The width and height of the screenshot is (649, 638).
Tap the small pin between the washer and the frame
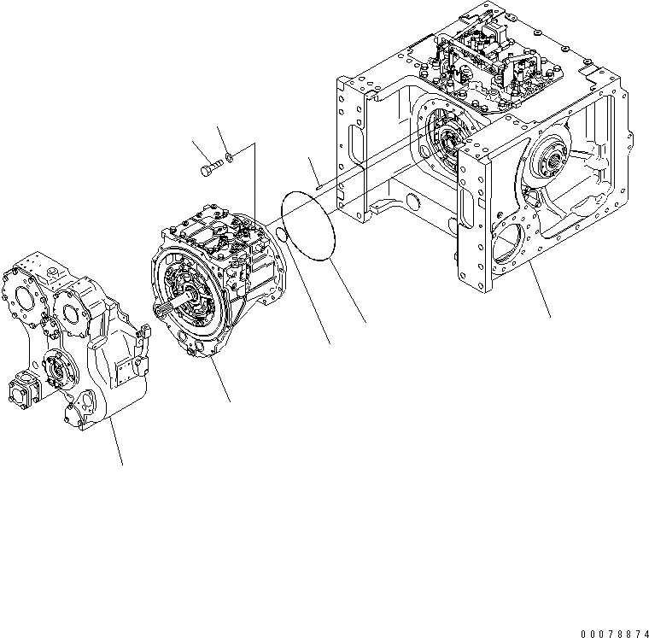click(x=315, y=184)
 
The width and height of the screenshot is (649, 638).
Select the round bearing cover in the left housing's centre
click(x=63, y=371)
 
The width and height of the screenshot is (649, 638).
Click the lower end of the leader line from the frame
click(x=550, y=317)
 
